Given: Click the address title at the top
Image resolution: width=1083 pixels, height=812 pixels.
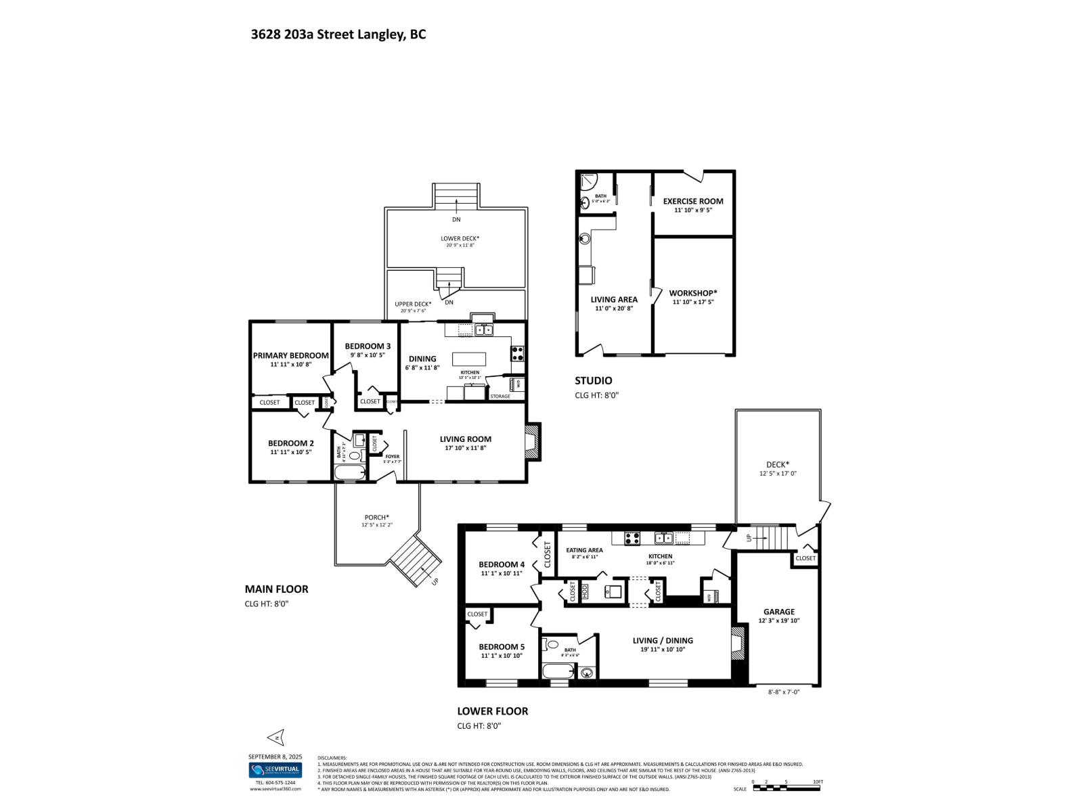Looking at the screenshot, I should [338, 35].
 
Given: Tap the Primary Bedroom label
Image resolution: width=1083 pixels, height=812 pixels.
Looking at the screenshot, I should [290, 355].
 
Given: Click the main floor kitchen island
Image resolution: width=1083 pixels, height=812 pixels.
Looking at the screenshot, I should [470, 359].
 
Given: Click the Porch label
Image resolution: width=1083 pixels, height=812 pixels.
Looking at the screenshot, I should [376, 518].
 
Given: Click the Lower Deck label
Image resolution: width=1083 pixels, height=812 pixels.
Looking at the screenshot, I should [460, 238].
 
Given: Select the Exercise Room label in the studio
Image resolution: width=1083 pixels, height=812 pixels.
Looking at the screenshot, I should [692, 201].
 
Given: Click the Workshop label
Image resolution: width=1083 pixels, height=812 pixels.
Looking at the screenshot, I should [692, 293].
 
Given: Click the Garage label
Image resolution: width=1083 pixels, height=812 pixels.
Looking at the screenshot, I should [778, 612].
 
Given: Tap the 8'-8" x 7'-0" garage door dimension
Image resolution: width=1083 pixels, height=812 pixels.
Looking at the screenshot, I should [784, 692].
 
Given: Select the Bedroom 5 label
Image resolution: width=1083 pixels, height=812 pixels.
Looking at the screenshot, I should [502, 647].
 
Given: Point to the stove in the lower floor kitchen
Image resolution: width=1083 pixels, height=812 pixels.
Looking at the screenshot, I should [632, 539].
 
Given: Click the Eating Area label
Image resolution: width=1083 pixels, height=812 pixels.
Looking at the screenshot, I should [584, 550].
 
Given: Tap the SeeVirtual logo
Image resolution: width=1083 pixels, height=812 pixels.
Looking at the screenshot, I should [275, 770].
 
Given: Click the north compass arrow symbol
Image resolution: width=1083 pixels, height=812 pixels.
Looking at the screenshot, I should [275, 736].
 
